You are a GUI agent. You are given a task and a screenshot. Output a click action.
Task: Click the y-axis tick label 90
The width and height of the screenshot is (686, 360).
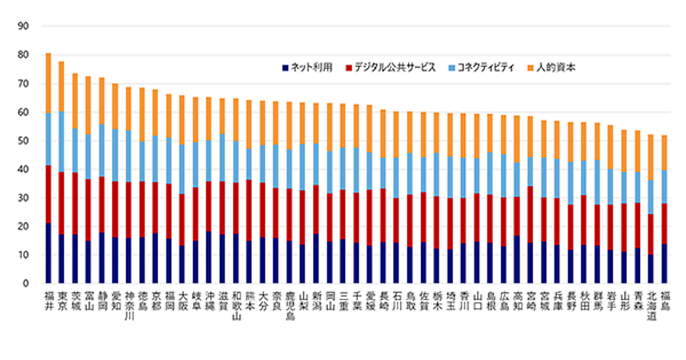pyautogui.click(x=23, y=26)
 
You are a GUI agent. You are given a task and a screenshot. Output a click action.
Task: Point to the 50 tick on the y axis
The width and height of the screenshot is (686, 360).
pyautogui.click(x=23, y=141)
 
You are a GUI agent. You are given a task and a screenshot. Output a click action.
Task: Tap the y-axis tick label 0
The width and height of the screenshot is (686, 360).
pyautogui.click(x=26, y=283)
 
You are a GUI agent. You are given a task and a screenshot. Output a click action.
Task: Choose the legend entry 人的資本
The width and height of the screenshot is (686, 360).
pyautogui.click(x=555, y=67)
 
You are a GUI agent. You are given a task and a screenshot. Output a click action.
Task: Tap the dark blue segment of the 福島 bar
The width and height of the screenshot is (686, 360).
pyautogui.click(x=664, y=263)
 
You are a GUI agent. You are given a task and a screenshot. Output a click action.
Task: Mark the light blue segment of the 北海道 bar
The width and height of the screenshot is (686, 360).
pyautogui.click(x=651, y=198)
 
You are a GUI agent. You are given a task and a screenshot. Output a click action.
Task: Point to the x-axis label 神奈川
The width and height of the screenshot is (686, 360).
pyautogui.click(x=129, y=305)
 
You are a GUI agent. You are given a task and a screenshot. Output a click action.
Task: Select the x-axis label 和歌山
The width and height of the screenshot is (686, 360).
pyautogui.click(x=236, y=305)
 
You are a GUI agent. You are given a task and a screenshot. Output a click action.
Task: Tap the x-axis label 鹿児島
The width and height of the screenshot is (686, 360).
pyautogui.click(x=289, y=305)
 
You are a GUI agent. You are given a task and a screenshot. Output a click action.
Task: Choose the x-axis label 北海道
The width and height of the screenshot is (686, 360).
pyautogui.click(x=651, y=305)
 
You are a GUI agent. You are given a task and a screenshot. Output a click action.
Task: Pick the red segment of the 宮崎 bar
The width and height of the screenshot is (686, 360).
pyautogui.click(x=530, y=214)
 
